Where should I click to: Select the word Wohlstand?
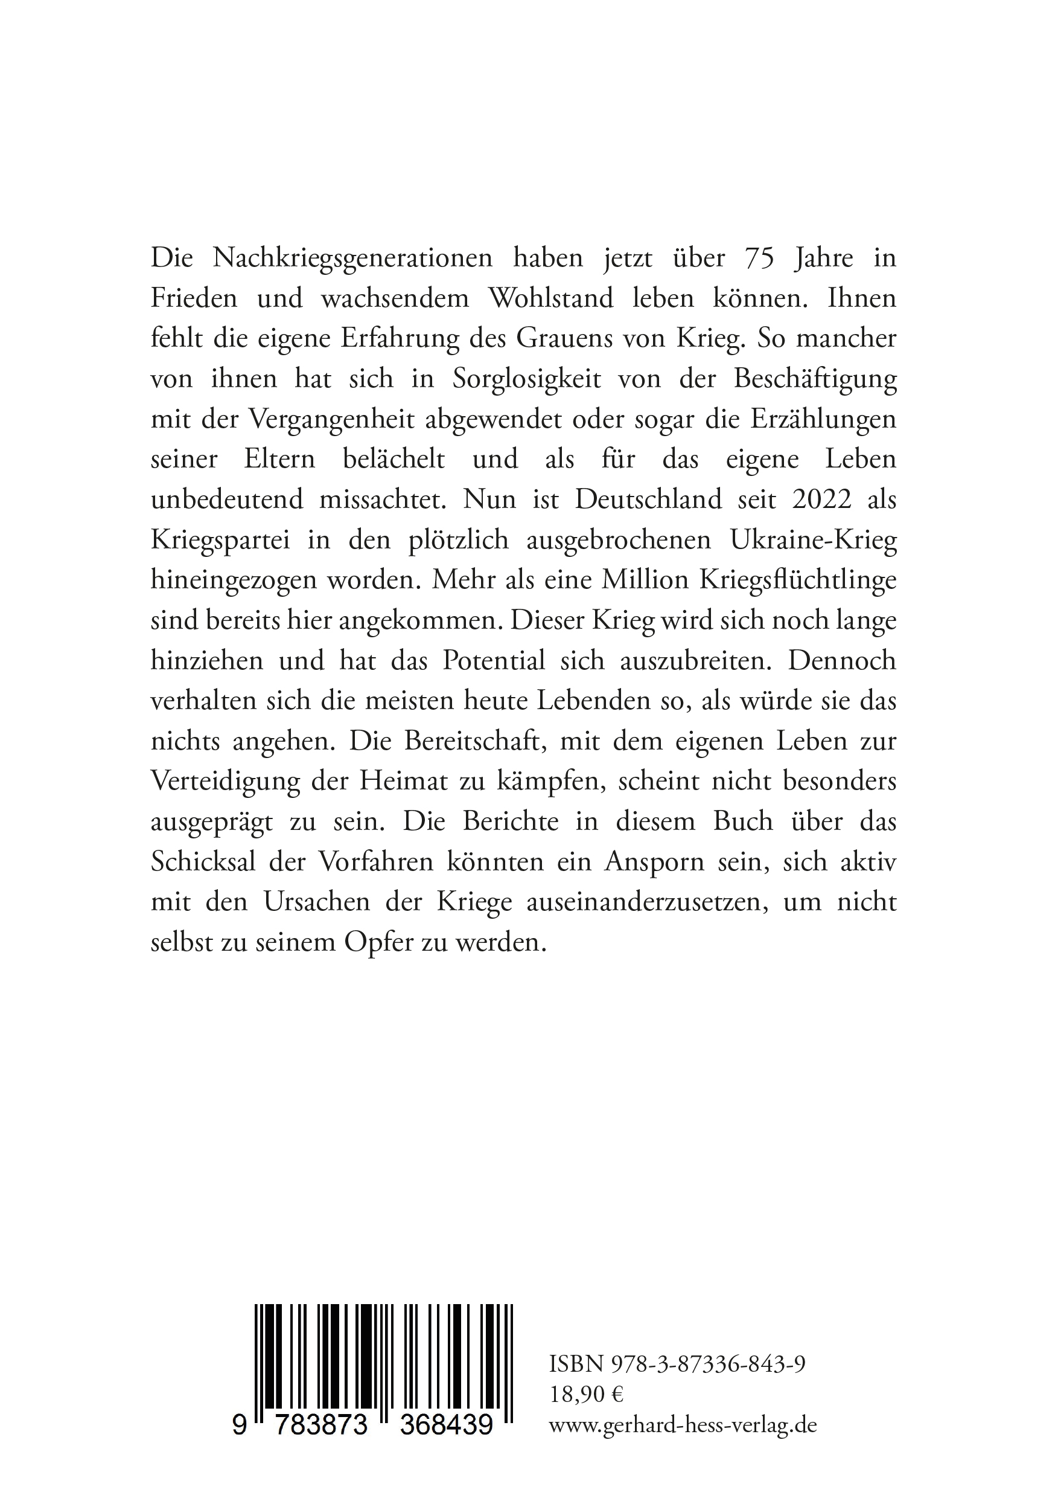pyautogui.click(x=551, y=299)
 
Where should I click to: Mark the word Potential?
pyautogui.click(x=494, y=661)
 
